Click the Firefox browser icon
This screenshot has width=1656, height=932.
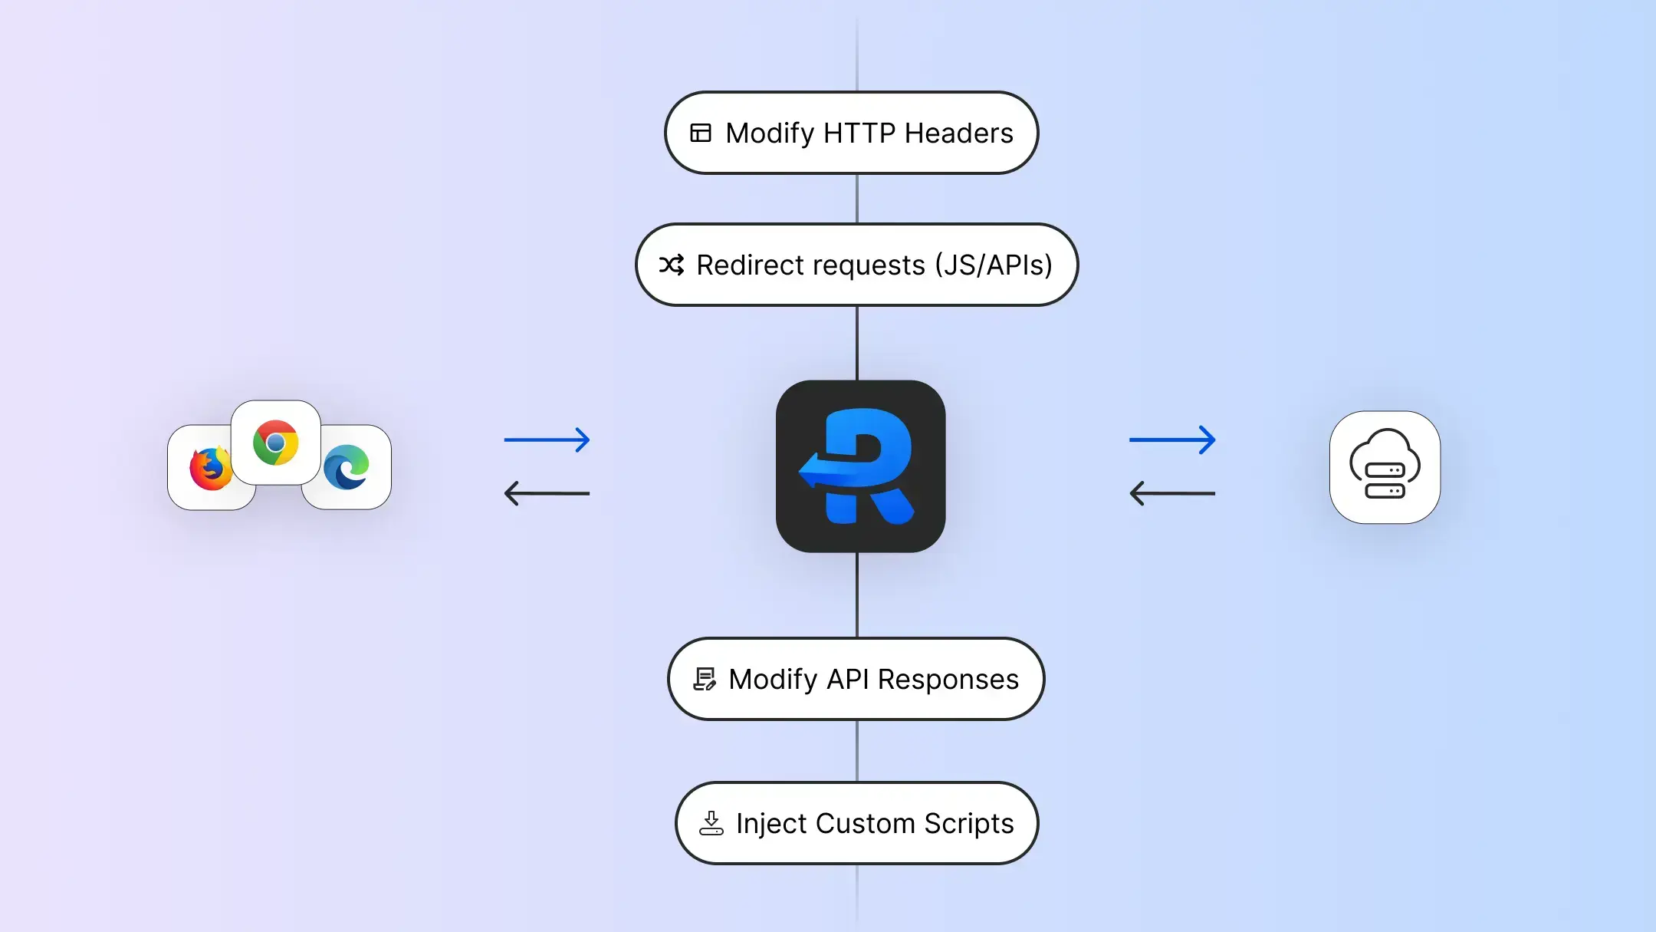click(210, 468)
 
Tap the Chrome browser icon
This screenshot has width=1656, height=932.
click(276, 443)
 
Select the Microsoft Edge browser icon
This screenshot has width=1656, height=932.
click(347, 467)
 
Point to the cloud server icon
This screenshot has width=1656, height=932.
click(1385, 466)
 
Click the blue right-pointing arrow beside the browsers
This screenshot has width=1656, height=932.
click(547, 440)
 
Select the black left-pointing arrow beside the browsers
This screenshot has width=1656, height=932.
click(547, 492)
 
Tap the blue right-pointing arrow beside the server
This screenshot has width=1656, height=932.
click(1172, 440)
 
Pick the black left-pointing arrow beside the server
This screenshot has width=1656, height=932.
click(1172, 492)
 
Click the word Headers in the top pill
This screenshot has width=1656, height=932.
click(958, 133)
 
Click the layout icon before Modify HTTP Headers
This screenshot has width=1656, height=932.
click(701, 133)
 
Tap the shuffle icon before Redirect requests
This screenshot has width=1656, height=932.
click(672, 265)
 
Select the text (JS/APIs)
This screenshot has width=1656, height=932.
click(994, 265)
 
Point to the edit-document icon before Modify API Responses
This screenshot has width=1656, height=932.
click(705, 679)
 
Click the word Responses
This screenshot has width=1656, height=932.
click(948, 680)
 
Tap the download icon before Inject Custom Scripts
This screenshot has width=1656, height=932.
click(711, 823)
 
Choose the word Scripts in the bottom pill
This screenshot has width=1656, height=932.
click(968, 824)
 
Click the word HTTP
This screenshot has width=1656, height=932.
click(859, 133)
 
